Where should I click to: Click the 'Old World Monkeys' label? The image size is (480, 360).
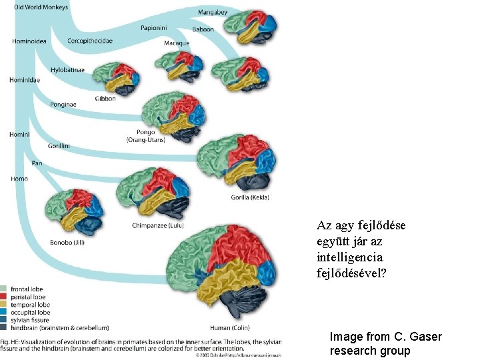(41, 7)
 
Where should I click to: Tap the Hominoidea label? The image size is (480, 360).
(29, 41)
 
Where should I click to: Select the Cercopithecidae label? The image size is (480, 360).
(90, 41)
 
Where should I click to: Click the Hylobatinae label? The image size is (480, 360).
(67, 70)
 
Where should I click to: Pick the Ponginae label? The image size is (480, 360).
(63, 105)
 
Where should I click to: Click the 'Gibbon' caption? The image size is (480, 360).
(105, 99)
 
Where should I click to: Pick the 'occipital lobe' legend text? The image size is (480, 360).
(31, 312)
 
